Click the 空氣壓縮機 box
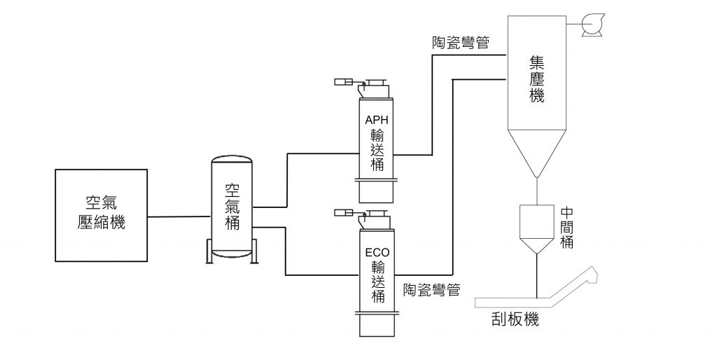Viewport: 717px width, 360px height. coord(101,215)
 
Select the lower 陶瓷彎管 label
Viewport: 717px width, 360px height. coord(431,289)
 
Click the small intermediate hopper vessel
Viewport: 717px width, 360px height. coord(536,226)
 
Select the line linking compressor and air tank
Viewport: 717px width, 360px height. coord(179,216)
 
